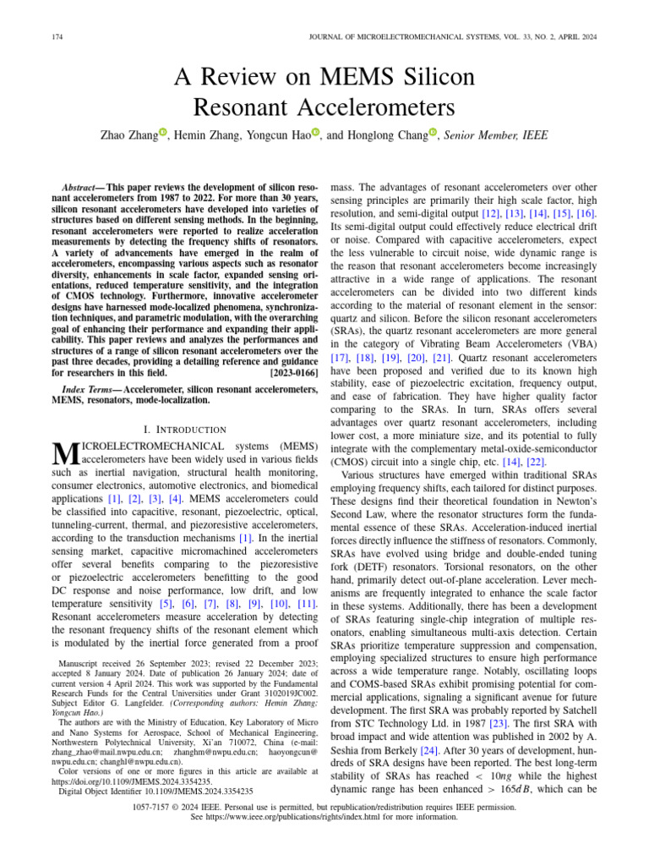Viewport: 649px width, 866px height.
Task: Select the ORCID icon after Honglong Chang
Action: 433,132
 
